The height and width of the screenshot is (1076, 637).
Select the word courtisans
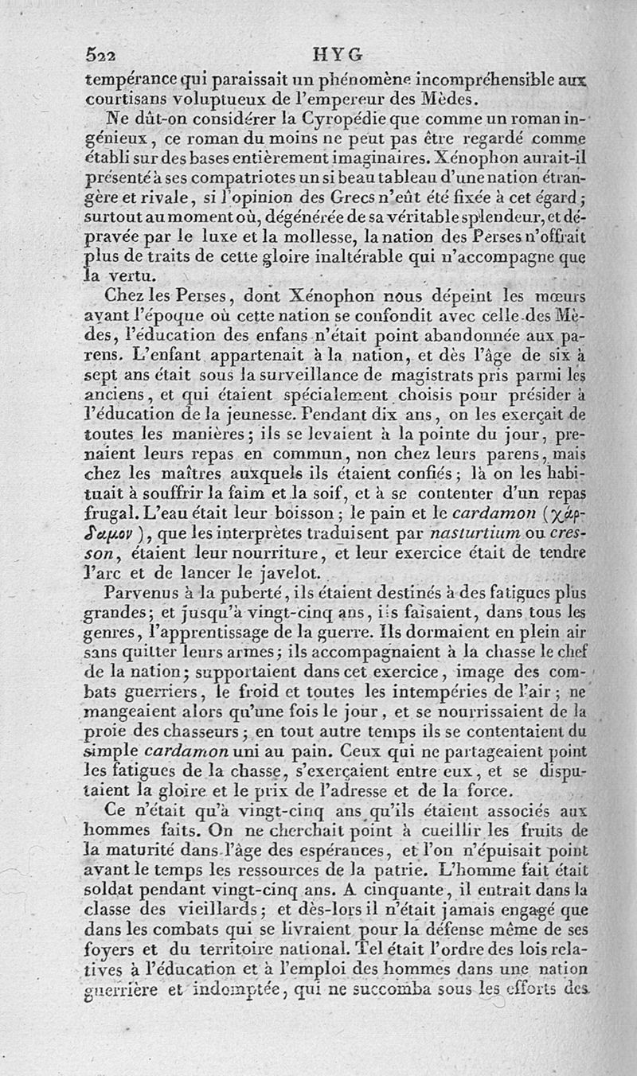point(124,99)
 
